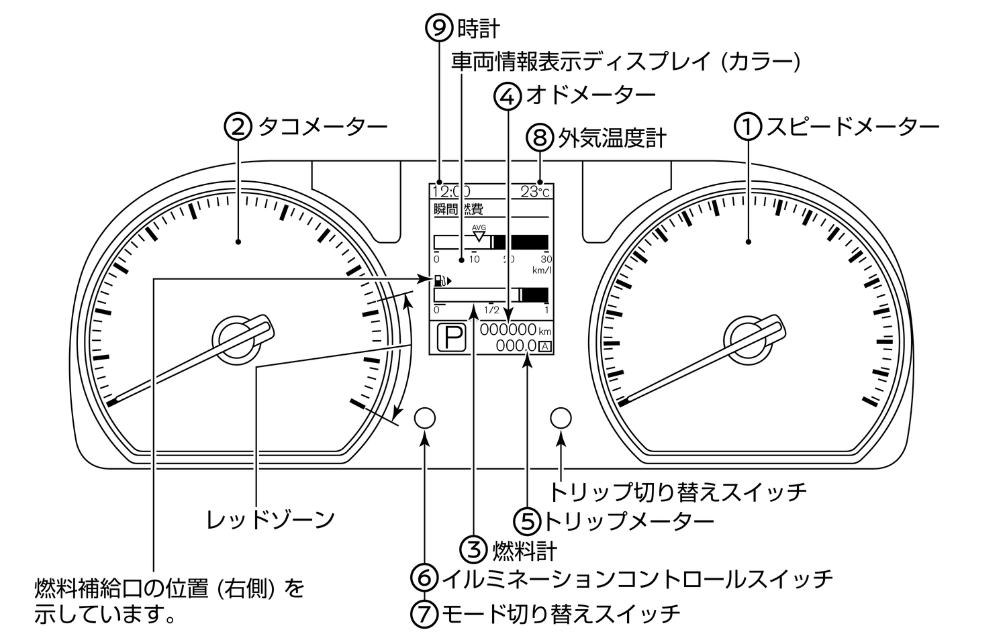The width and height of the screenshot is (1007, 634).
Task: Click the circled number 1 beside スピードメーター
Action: [x=748, y=127]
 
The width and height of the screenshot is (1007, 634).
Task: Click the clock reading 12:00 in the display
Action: [x=450, y=191]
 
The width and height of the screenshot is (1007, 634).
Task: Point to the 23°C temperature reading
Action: [x=535, y=191]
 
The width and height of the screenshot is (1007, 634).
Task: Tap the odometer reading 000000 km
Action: [x=508, y=329]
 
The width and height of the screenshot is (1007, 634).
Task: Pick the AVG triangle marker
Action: [x=479, y=234]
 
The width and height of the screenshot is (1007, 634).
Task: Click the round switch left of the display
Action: [x=425, y=418]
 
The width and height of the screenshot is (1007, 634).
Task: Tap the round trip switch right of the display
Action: [x=561, y=418]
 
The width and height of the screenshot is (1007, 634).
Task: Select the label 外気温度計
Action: [x=612, y=139]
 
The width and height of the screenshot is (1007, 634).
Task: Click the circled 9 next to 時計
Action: [x=440, y=28]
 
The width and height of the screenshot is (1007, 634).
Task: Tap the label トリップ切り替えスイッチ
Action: [x=678, y=492]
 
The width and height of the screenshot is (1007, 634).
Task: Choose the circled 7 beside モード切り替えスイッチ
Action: [x=424, y=613]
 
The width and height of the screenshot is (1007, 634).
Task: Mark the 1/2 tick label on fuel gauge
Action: [x=491, y=311]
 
